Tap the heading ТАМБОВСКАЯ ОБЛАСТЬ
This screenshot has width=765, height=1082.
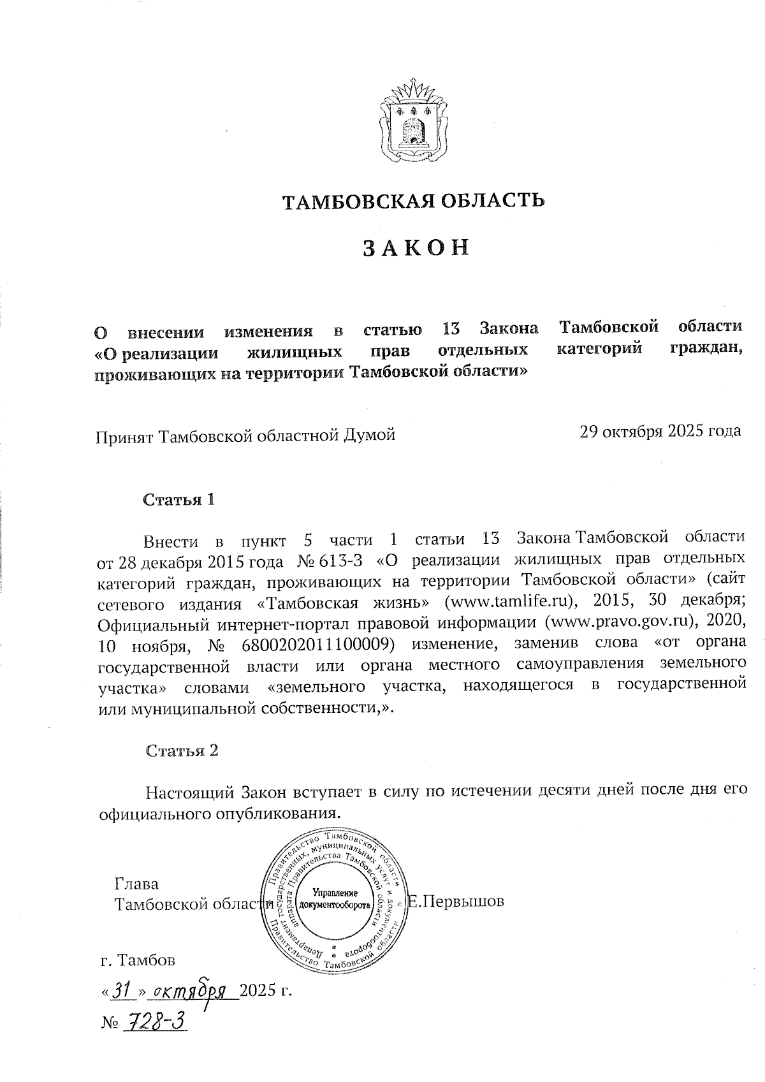point(414,201)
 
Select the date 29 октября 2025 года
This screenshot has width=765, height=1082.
point(660,431)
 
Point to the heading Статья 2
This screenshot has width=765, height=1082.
point(182,750)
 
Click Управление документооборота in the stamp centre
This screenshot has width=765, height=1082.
point(335,899)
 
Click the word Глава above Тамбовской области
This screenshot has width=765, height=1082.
point(136,884)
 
